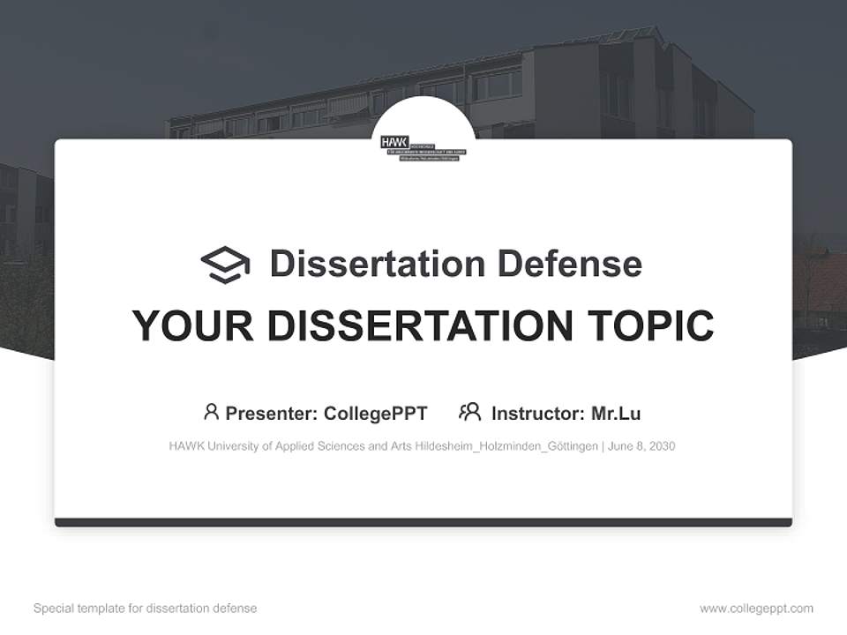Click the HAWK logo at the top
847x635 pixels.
coord(423,146)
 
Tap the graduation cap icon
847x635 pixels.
coord(225,264)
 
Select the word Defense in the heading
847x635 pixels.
coord(569,264)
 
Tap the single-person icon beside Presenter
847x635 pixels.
coord(211,412)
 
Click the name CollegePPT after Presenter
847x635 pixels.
coord(375,413)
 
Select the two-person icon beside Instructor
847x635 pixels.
coord(470,412)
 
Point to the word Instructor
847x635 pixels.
coord(537,413)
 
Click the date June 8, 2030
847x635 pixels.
coord(642,446)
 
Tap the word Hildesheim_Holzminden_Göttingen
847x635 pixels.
coord(511,446)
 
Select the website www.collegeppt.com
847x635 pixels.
coord(756,609)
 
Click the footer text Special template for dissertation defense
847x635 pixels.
coord(146,609)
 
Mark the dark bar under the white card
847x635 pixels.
coord(423,522)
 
